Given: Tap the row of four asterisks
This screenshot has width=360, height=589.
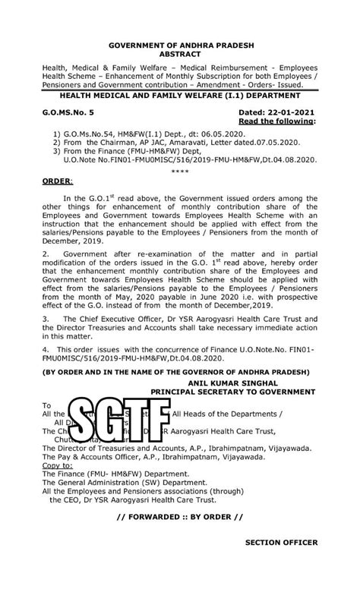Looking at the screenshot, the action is [180, 172].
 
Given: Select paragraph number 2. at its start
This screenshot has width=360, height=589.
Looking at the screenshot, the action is [45, 251].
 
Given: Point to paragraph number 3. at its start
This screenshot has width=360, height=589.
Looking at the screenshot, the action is [45, 320].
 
